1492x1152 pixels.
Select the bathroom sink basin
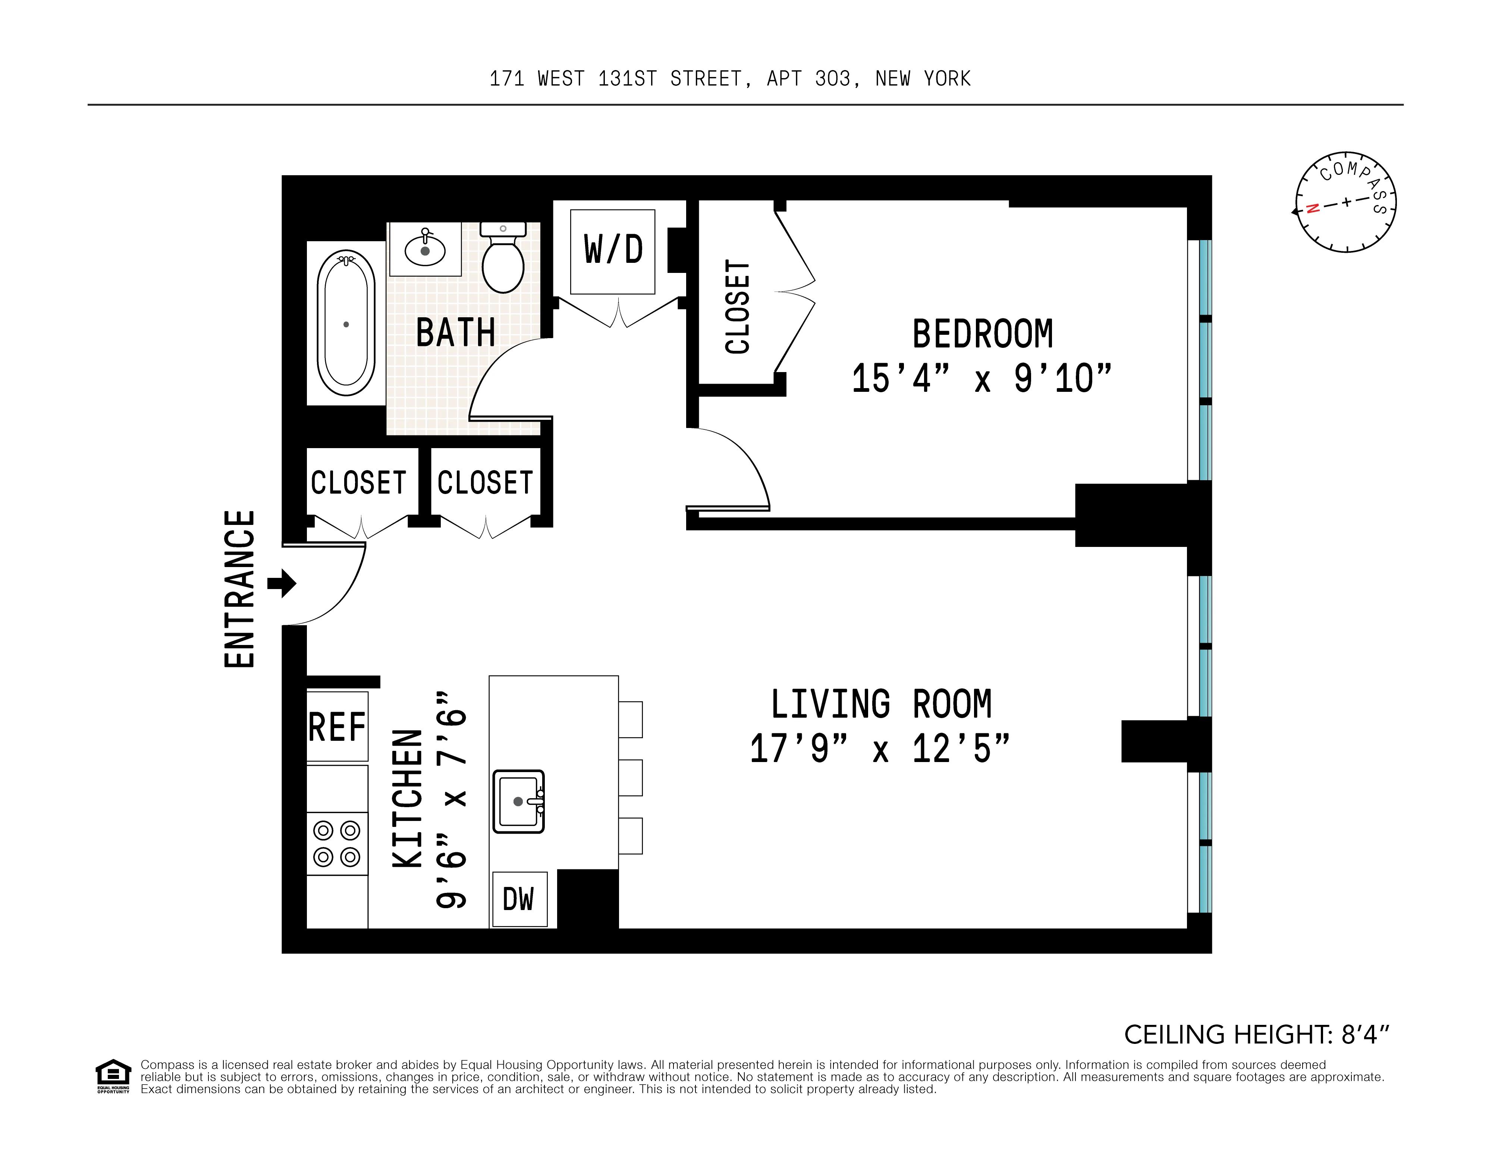tap(425, 250)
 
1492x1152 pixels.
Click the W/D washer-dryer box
tap(613, 251)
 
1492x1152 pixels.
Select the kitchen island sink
tap(518, 802)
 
